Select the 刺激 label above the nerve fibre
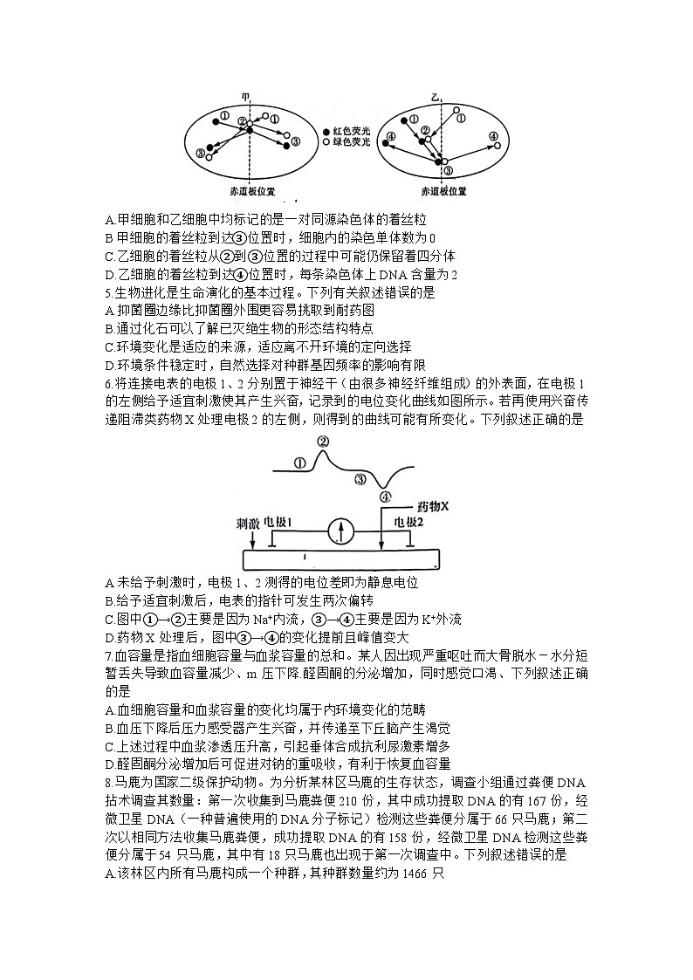[x=249, y=522]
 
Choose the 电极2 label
[x=408, y=522]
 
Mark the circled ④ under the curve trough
[x=385, y=497]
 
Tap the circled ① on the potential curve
[x=300, y=464]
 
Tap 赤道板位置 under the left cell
[x=250, y=190]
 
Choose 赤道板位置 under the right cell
[x=443, y=190]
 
